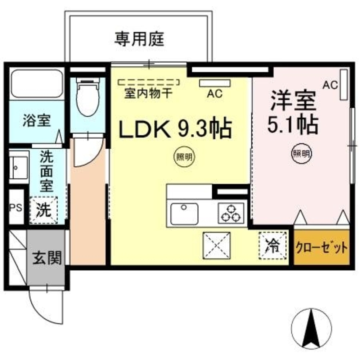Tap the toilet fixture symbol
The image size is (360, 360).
coord(88,97)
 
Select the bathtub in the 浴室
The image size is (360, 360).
coord(37,84)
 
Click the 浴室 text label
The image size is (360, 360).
coord(37,121)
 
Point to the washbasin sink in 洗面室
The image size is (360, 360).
coord(19,167)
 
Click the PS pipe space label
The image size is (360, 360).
coord(16,208)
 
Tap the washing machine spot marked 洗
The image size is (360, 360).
coord(43,210)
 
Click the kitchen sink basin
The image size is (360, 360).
coord(184,213)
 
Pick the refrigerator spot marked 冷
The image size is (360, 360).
coord(273,246)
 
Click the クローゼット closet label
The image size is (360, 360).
coord(321,248)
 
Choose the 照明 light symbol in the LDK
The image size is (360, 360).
coord(184,157)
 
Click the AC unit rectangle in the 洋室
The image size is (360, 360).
coord(344,85)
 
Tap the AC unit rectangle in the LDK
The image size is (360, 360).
coord(215,83)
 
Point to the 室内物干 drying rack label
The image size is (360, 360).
coord(148,93)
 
